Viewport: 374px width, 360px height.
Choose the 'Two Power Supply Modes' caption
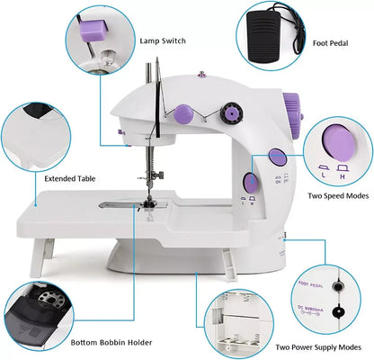318,346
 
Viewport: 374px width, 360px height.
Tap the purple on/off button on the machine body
277,158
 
